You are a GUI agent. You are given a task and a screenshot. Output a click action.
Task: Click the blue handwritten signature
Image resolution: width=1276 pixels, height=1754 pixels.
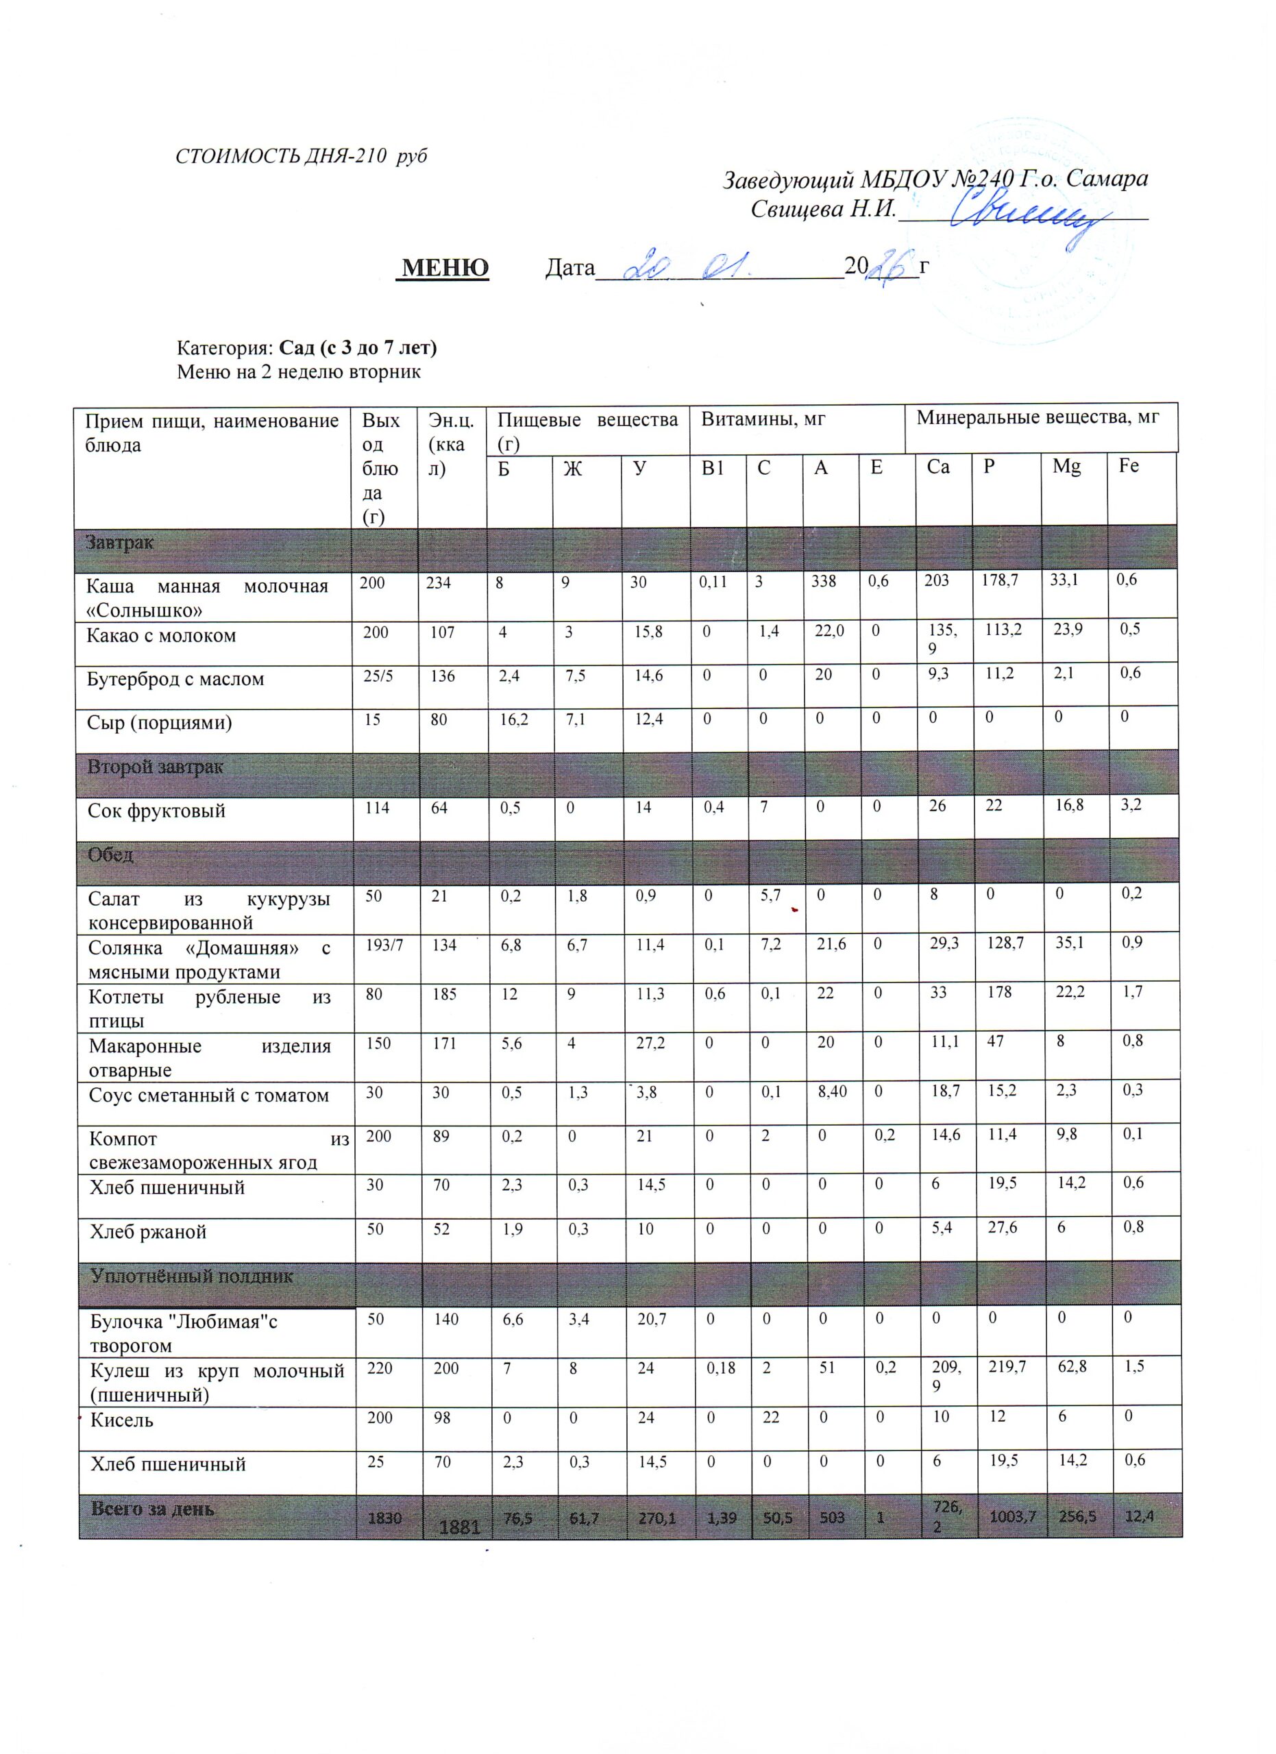[1029, 216]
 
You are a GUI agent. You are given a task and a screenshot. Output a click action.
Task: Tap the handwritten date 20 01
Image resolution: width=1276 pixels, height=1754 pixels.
[685, 266]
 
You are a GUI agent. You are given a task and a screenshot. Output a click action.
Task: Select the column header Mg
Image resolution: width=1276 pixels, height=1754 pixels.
[1066, 467]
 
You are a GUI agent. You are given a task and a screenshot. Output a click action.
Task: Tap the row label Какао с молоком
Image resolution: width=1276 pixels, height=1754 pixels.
[161, 636]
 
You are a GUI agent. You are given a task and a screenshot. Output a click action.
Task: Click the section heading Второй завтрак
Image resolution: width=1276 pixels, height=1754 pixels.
[156, 767]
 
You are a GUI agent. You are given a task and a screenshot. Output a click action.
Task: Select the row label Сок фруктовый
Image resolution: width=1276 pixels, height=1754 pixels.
[156, 811]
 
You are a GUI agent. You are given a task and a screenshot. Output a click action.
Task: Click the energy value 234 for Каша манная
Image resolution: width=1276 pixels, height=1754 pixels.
[439, 583]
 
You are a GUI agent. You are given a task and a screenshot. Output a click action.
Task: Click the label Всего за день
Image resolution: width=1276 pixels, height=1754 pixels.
[153, 1509]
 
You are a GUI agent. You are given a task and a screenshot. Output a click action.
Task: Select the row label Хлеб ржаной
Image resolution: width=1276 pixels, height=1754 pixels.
[148, 1232]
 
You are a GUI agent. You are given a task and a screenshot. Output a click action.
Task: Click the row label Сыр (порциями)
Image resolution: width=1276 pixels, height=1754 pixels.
[160, 723]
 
